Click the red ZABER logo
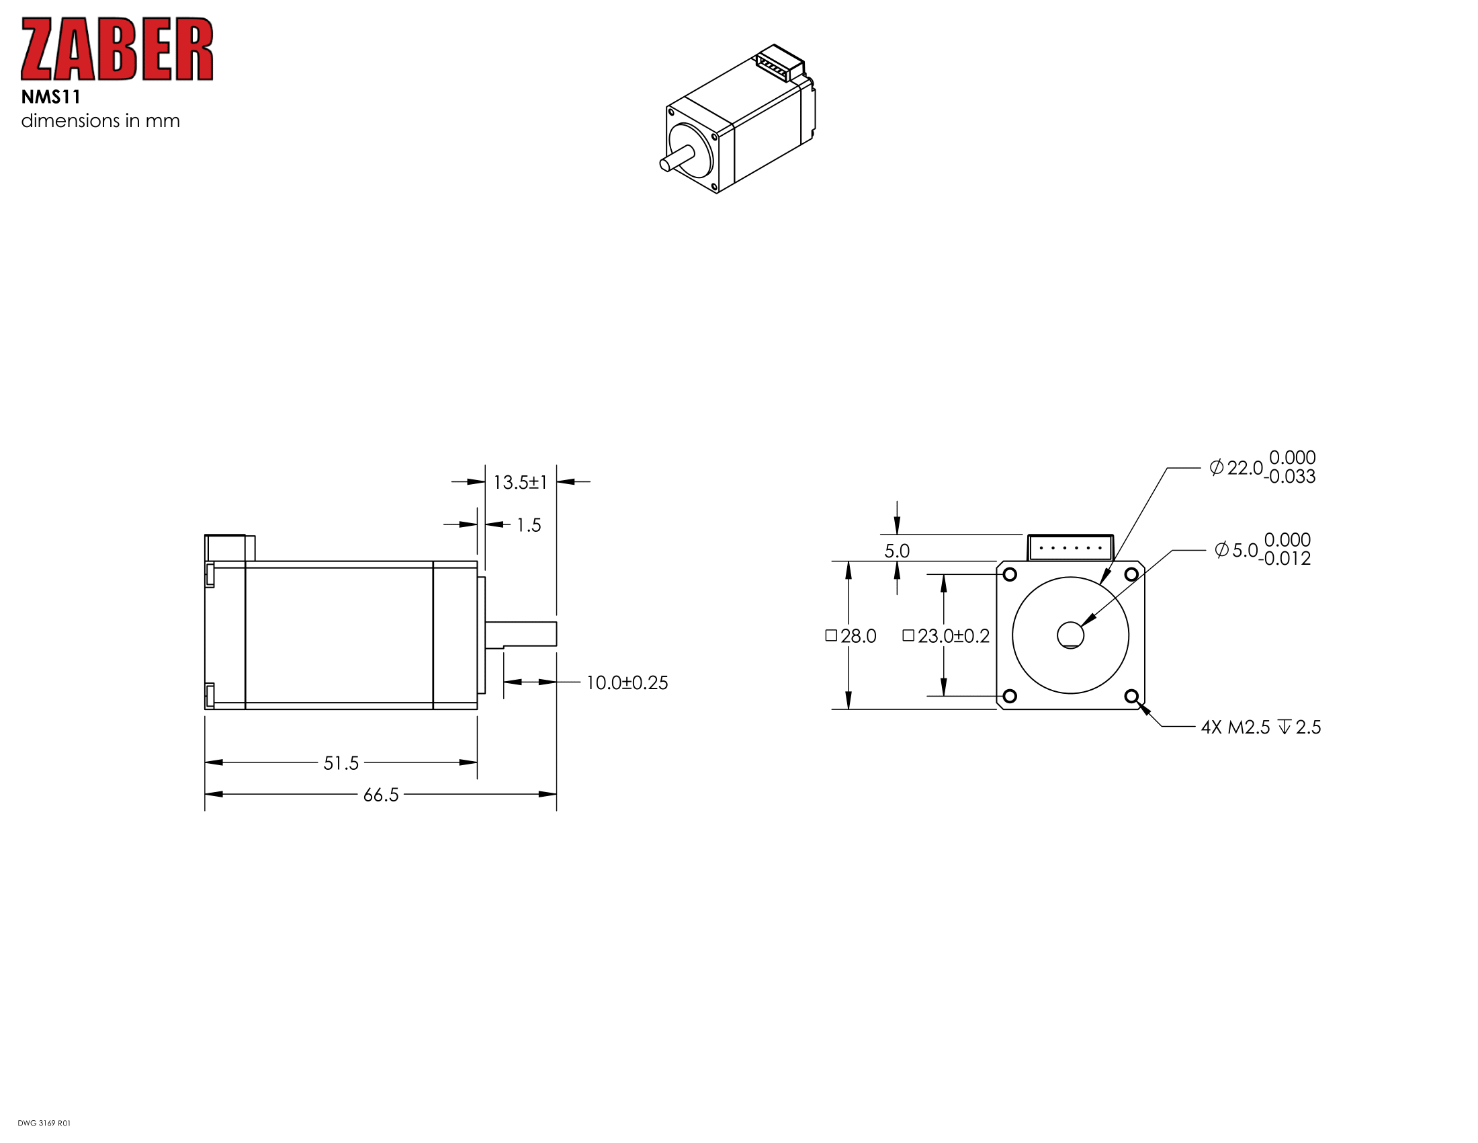click(117, 50)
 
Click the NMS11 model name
click(51, 97)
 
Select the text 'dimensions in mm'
click(100, 121)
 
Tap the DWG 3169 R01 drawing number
click(44, 1124)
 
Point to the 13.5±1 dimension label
click(520, 483)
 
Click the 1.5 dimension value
click(529, 526)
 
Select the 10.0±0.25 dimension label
click(627, 682)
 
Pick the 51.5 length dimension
click(341, 763)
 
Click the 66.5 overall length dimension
click(381, 795)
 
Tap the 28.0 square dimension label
click(851, 636)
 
